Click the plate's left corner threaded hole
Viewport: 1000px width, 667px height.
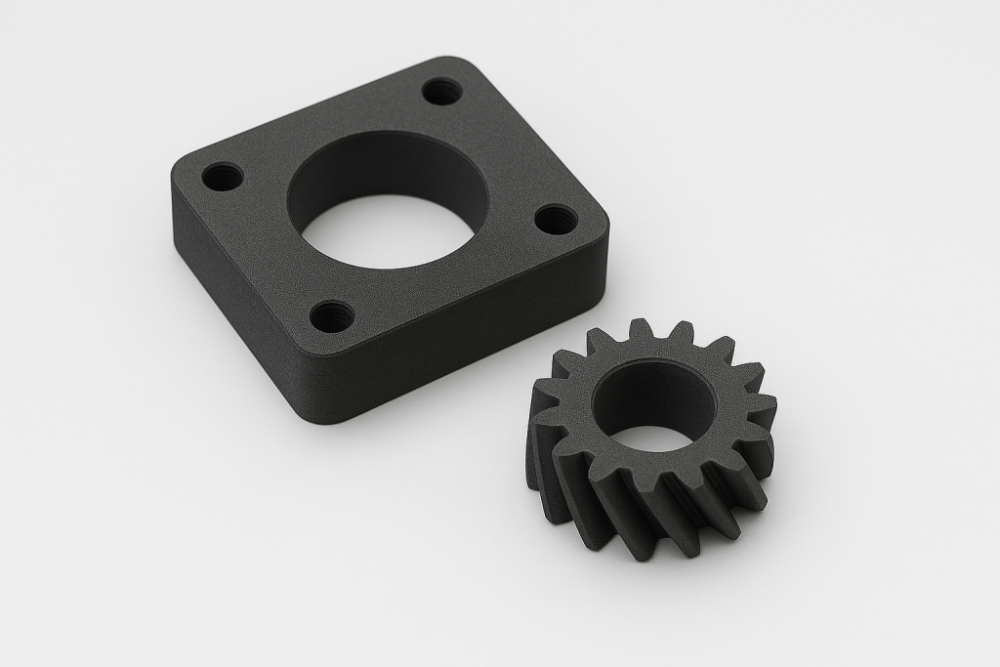tap(223, 178)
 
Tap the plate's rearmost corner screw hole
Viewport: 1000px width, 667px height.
tap(442, 92)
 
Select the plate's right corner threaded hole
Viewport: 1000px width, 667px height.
tap(556, 219)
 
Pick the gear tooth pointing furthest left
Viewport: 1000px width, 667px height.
tap(540, 400)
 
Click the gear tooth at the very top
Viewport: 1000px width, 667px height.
tap(640, 330)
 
